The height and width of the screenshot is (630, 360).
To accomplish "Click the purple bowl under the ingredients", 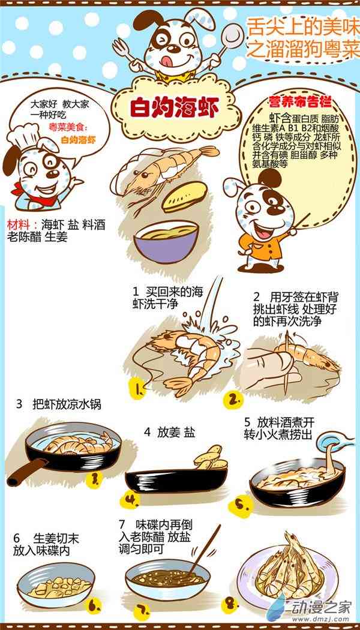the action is [166, 242].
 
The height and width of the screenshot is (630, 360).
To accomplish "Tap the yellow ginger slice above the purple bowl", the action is [184, 196].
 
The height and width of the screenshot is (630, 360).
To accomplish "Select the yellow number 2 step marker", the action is [233, 400].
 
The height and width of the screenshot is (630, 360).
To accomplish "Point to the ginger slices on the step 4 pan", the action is [211, 458].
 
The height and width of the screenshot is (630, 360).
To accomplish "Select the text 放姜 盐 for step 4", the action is [170, 433].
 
